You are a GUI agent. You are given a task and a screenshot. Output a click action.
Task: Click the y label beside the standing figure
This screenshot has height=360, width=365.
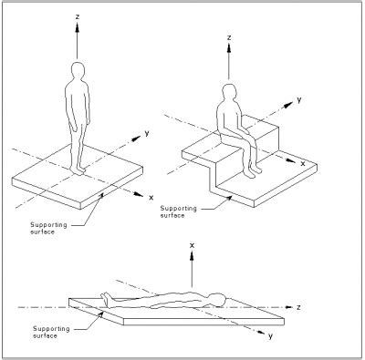pyautogui.click(x=146, y=132)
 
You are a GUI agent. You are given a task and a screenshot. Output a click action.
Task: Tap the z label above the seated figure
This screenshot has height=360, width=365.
pyautogui.click(x=231, y=39)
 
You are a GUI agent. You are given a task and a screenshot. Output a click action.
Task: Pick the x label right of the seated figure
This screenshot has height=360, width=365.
pyautogui.click(x=305, y=162)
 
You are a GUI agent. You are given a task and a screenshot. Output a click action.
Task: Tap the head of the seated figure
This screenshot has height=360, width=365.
pyautogui.click(x=229, y=92)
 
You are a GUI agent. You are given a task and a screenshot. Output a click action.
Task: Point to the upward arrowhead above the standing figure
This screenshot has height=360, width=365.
pyautogui.click(x=78, y=27)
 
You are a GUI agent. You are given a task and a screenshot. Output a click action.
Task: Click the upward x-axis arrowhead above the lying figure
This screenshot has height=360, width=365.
pyautogui.click(x=193, y=259)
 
